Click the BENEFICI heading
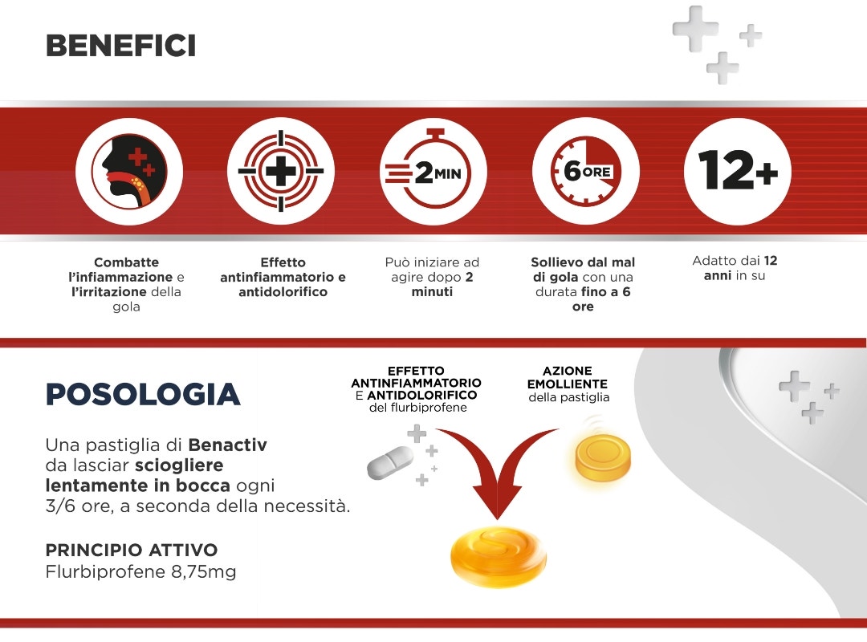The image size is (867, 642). [120, 46]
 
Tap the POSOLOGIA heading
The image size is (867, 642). [143, 394]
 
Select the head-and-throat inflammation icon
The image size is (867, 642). [129, 171]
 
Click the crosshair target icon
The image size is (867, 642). [281, 171]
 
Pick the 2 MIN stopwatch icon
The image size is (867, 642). [433, 171]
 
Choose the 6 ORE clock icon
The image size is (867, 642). [585, 171]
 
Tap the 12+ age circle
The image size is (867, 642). [738, 171]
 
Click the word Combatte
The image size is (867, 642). [126, 262]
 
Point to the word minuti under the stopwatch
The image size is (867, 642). [432, 291]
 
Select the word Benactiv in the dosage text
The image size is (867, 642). [227, 445]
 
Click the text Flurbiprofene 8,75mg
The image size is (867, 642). [140, 571]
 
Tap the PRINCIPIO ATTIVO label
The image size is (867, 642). [132, 551]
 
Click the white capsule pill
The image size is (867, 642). [390, 463]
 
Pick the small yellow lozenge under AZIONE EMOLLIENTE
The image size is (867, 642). [603, 457]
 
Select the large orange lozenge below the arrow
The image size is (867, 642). [499, 556]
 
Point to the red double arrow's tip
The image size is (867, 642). [497, 518]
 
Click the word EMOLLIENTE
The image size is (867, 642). [568, 384]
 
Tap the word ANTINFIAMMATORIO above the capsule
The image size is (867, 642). [416, 383]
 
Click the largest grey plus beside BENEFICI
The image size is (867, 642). [695, 29]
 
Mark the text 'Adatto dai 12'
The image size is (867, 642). [735, 261]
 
